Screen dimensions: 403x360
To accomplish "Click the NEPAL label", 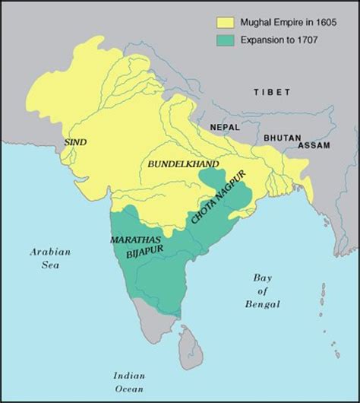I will pyautogui.click(x=225, y=129).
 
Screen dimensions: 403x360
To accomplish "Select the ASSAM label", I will pyautogui.click(x=314, y=144).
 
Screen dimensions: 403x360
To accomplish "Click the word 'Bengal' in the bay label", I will pyautogui.click(x=262, y=305).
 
